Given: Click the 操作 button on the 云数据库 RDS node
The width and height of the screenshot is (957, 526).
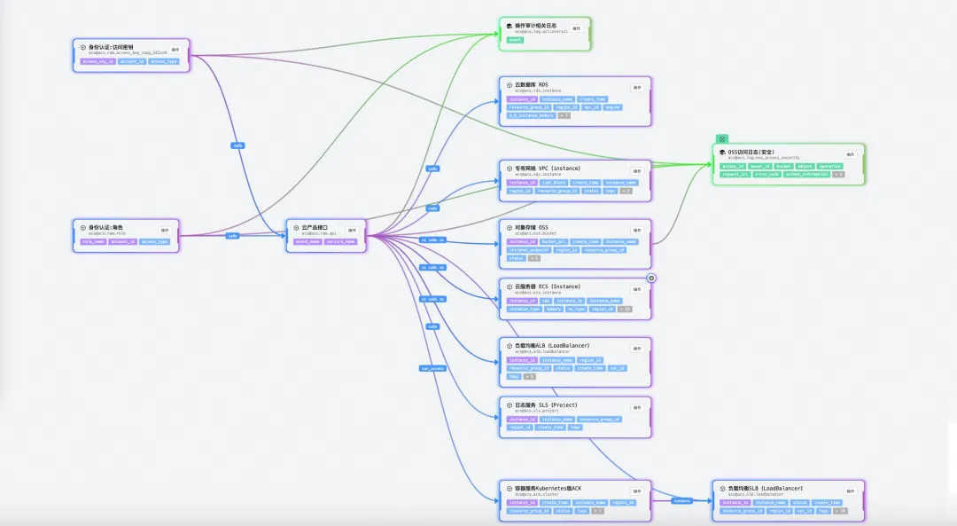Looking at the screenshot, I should (636, 87).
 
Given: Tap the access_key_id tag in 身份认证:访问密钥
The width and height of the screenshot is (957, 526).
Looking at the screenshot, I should (99, 61).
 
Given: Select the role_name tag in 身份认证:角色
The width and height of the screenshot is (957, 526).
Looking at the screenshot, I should (93, 241).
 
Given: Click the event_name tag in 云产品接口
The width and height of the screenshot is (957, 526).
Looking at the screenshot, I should (307, 241).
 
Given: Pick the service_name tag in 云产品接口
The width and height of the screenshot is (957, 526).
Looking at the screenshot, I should (340, 241).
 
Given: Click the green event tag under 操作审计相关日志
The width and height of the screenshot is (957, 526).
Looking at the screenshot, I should (515, 40).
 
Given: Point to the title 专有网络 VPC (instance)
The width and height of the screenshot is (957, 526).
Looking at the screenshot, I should (549, 168).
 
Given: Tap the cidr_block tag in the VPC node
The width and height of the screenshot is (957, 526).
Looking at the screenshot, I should (554, 183).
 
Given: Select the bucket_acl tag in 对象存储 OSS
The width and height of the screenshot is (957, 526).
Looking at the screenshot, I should (554, 241).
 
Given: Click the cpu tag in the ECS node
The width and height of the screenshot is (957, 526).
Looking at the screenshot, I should (546, 301).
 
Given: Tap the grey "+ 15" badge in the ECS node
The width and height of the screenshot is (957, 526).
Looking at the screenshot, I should (624, 309).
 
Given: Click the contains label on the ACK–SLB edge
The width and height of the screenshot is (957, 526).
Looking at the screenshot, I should (681, 500).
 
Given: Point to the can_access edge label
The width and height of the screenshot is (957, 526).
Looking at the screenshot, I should (432, 367).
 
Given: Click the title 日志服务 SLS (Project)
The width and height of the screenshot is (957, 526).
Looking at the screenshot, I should (546, 404).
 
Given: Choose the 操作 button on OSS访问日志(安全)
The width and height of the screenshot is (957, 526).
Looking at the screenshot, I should (850, 154).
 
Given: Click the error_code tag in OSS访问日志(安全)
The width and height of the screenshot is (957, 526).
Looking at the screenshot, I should (767, 174).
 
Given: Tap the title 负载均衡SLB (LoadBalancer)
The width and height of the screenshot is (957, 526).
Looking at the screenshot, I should (765, 488).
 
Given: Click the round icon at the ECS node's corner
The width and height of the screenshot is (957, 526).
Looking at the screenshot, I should (651, 278).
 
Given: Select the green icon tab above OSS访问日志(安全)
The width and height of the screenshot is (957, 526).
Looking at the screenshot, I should (722, 138).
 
